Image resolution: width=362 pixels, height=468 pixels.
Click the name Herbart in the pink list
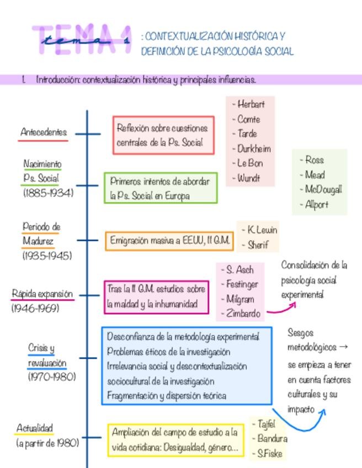(x=251, y=104)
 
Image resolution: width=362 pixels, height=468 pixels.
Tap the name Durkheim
(x=254, y=148)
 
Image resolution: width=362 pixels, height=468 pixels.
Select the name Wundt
(x=248, y=178)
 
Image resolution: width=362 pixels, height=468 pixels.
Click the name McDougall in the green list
(x=323, y=189)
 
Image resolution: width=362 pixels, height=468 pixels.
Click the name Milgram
(x=240, y=299)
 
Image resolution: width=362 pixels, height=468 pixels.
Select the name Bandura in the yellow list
(x=272, y=439)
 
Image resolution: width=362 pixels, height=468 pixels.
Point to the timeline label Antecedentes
(x=44, y=132)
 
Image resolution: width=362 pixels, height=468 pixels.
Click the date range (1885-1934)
(x=48, y=193)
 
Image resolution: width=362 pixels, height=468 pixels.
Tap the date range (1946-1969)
(x=35, y=309)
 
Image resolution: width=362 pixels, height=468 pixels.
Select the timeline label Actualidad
(x=35, y=428)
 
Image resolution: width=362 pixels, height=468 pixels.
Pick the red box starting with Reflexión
(x=163, y=135)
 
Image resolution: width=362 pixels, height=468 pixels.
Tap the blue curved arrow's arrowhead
(x=323, y=411)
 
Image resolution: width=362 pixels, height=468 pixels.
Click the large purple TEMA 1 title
(x=83, y=40)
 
